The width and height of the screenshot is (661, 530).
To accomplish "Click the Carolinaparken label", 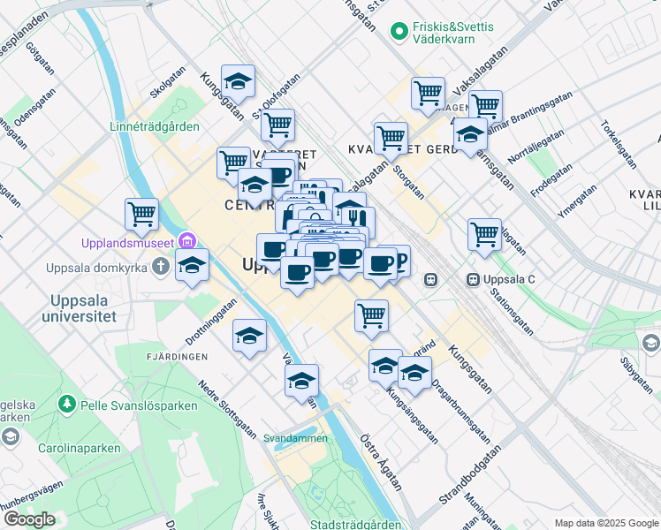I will [x=79, y=448].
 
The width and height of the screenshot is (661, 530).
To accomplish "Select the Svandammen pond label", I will [x=294, y=437].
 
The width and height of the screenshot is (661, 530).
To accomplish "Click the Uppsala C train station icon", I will [x=474, y=280].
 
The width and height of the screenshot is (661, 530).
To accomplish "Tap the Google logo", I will [x=29, y=519].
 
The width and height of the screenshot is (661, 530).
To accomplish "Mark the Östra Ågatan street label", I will [x=381, y=462].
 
